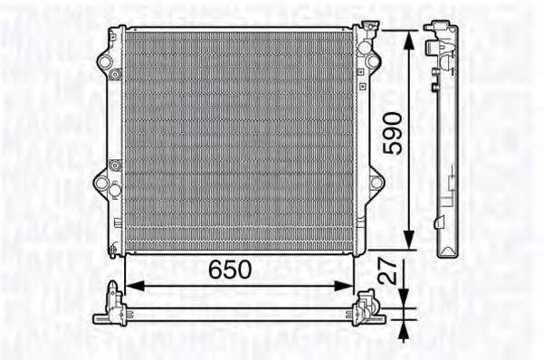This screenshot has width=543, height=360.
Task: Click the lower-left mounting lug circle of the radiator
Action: point(102,184)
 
